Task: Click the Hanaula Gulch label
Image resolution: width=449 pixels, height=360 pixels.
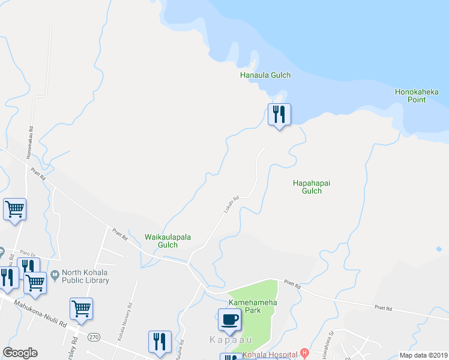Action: click(x=265, y=75)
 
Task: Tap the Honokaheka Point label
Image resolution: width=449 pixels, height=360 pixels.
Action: click(x=417, y=95)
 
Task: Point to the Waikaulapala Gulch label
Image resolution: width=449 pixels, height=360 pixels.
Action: click(x=167, y=241)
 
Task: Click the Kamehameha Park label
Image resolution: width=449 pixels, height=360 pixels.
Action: click(x=253, y=307)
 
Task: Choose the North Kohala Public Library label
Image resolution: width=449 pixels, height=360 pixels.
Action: click(x=85, y=277)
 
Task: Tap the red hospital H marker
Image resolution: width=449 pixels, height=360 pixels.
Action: click(x=305, y=353)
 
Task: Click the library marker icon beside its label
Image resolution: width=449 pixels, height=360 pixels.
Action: click(x=55, y=276)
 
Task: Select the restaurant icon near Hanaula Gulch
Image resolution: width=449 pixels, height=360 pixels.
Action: click(x=279, y=113)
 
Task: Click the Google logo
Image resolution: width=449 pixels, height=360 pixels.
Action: click(x=20, y=353)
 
